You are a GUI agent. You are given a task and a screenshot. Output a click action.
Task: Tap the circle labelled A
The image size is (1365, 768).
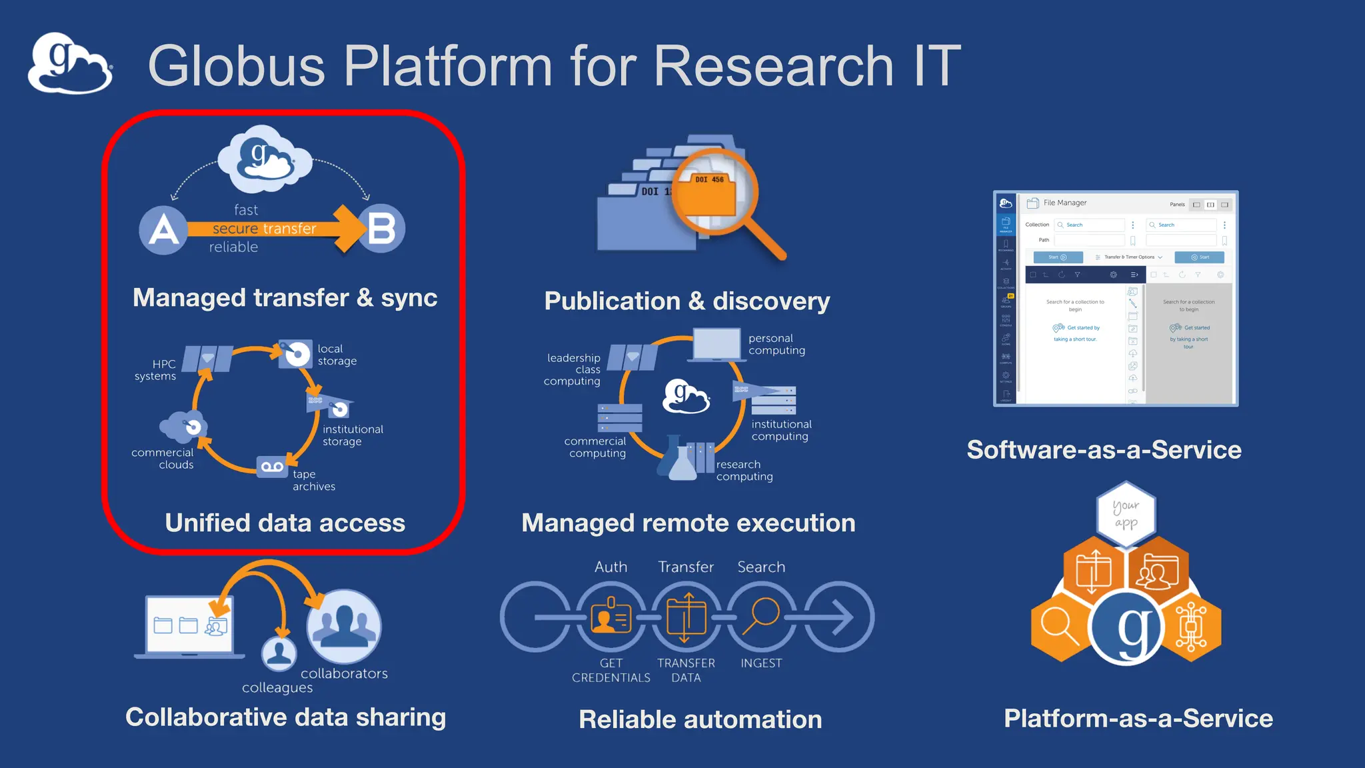click(x=163, y=230)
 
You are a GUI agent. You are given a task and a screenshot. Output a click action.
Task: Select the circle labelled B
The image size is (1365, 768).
click(x=382, y=229)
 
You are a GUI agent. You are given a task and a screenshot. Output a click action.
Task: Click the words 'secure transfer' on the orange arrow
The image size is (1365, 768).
click(x=265, y=229)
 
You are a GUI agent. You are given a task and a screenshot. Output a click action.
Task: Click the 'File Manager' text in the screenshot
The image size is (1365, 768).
click(x=1064, y=203)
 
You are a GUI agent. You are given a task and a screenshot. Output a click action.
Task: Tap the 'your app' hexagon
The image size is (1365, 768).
click(x=1126, y=514)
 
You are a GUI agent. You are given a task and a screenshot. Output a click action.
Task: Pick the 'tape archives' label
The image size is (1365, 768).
click(x=313, y=480)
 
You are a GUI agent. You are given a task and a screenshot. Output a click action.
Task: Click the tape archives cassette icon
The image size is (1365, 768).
click(x=272, y=467)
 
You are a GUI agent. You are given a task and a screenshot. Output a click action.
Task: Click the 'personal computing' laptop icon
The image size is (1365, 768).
click(x=716, y=345)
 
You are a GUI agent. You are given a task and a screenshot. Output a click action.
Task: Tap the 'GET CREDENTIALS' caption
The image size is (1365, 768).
click(x=611, y=670)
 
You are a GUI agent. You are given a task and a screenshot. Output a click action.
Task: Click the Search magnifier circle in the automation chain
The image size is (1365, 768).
click(x=761, y=617)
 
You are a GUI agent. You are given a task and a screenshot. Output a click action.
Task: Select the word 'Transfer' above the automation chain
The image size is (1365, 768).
click(x=686, y=567)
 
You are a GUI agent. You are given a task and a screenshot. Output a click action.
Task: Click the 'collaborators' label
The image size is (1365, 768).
click(x=344, y=673)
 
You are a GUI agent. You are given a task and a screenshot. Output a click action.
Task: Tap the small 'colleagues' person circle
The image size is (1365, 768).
click(x=279, y=653)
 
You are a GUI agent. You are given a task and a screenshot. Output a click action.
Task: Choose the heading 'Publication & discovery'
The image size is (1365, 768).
click(x=687, y=301)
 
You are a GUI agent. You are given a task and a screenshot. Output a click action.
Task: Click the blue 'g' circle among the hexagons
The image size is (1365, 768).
click(x=1126, y=627)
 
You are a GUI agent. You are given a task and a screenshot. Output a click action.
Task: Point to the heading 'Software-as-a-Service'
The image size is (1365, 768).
click(x=1104, y=450)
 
